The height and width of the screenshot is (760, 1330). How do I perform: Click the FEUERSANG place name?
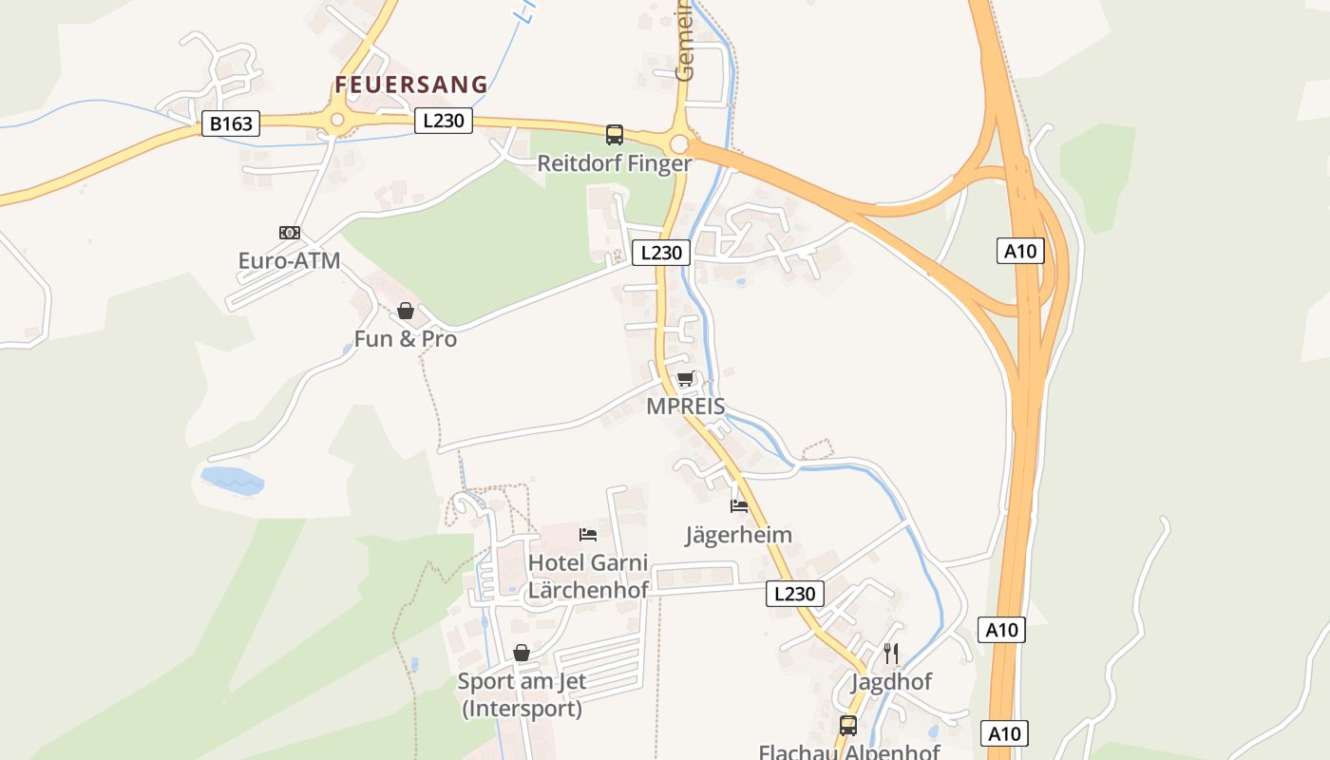pos(411,85)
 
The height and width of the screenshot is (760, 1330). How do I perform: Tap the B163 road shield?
pos(230,123)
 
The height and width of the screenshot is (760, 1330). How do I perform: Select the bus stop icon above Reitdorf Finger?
pos(615,135)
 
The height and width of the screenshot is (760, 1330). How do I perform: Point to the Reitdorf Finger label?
pos(615,163)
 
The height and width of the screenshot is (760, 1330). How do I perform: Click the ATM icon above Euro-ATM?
pos(290,233)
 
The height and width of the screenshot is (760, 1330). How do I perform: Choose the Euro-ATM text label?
pos(289,260)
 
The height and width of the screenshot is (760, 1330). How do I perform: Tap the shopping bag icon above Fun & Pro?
pos(406,311)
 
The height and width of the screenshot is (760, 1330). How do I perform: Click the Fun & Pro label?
pos(406,339)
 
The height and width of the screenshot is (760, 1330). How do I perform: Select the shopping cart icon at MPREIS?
pos(686,379)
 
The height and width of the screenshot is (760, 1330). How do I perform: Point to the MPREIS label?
pos(686,407)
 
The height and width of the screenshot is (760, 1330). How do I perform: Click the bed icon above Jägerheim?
pos(739,506)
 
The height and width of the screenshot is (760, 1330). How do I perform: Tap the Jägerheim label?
pos(739,535)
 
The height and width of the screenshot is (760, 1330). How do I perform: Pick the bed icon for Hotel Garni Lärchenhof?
pos(588,535)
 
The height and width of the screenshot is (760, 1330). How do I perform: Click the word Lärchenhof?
pos(588,590)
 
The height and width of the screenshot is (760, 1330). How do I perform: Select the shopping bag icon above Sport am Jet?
pos(522,653)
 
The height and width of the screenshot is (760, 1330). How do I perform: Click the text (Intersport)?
pos(522,709)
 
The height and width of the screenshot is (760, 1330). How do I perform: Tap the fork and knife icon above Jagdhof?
pos(891,654)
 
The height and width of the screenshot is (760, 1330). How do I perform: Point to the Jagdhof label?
pos(891,682)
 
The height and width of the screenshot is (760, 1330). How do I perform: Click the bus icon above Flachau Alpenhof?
pos(848,726)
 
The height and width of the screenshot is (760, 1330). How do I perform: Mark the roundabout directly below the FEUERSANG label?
pos(336,121)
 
